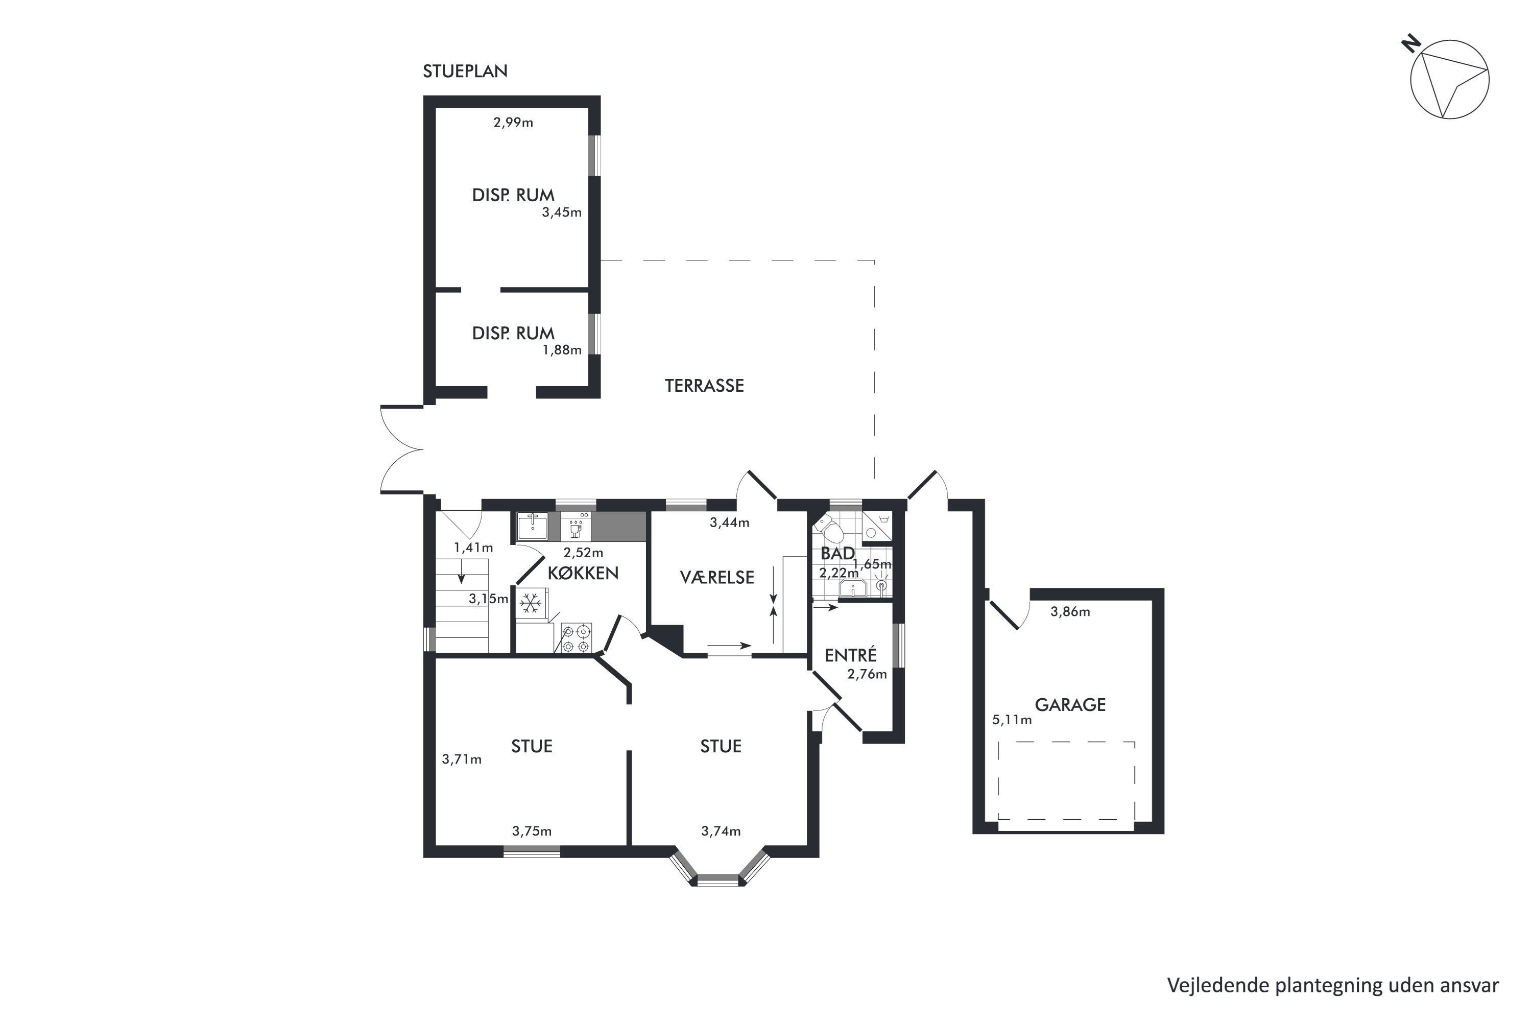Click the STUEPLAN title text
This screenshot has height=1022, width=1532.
465,71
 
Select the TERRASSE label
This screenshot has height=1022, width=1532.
704,386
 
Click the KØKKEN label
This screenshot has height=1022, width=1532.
583,573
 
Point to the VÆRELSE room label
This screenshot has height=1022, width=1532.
717,578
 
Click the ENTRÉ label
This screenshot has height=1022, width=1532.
850,655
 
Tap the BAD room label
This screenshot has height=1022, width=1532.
837,553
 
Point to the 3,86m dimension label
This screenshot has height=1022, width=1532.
1070,612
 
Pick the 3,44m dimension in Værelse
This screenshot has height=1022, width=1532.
729,522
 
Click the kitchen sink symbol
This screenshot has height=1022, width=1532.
533,526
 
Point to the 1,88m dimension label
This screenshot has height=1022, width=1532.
562,350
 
